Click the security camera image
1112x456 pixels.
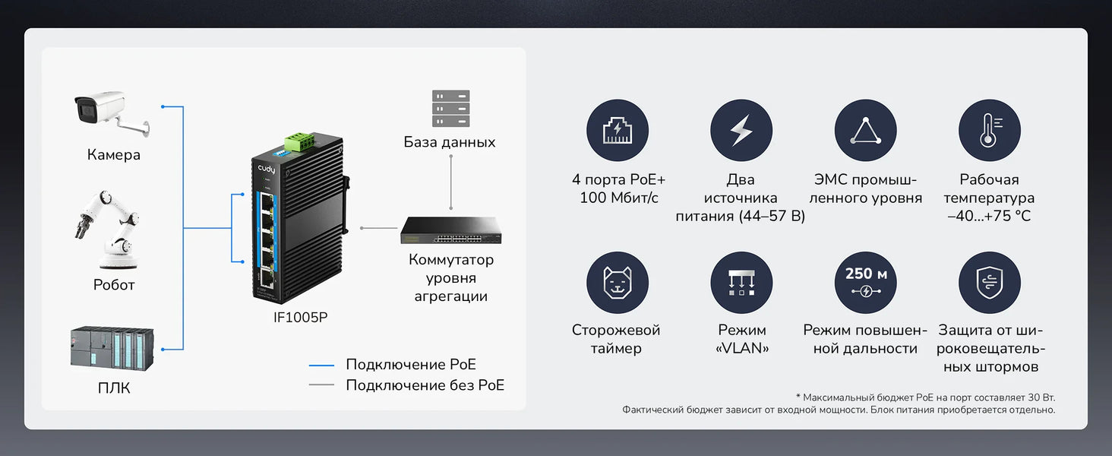click(112, 114)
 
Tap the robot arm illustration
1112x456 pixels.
click(108, 230)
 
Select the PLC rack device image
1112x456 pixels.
click(112, 348)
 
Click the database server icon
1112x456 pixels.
click(450, 108)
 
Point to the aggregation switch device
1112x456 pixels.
click(450, 230)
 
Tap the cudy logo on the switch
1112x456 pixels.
click(267, 169)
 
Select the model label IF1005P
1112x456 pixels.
click(300, 318)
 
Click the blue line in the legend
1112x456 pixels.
click(321, 365)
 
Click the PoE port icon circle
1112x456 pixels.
click(617, 130)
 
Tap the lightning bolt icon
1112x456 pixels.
click(741, 130)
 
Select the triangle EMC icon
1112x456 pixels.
click(865, 130)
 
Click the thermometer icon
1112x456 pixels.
click(990, 130)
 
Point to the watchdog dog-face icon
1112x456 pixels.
click(617, 282)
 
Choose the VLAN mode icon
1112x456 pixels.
click(741, 282)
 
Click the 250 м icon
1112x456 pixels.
click(865, 282)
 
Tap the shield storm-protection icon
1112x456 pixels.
click(990, 282)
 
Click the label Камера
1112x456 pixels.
click(114, 155)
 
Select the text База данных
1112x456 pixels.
click(450, 143)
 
